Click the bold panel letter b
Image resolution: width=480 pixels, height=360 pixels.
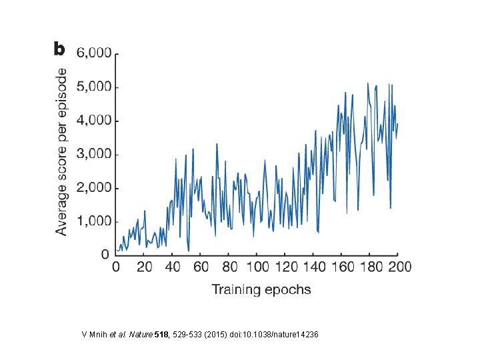click(59, 49)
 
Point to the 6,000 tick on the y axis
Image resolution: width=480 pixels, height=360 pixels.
click(93, 53)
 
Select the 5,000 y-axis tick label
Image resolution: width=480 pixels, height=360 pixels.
click(93, 87)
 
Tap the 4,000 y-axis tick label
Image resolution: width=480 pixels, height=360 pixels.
click(93, 121)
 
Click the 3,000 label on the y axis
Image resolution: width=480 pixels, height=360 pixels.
click(93, 154)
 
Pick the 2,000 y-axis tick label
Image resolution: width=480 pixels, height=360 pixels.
click(93, 188)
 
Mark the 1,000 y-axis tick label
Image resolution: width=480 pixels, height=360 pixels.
click(93, 221)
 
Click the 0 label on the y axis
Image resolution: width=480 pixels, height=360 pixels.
click(105, 255)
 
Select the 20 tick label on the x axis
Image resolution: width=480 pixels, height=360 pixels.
click(144, 267)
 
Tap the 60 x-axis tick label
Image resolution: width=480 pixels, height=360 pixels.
click(201, 267)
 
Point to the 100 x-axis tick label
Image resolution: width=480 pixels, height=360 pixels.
click(257, 267)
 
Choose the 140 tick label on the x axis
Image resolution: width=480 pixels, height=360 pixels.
click(313, 267)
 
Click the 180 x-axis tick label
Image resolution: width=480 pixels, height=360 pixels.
click(369, 267)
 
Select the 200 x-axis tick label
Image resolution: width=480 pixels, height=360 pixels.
click(397, 267)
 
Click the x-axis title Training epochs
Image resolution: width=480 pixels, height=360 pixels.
click(261, 289)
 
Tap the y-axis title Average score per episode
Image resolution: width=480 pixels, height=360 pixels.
click(61, 151)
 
